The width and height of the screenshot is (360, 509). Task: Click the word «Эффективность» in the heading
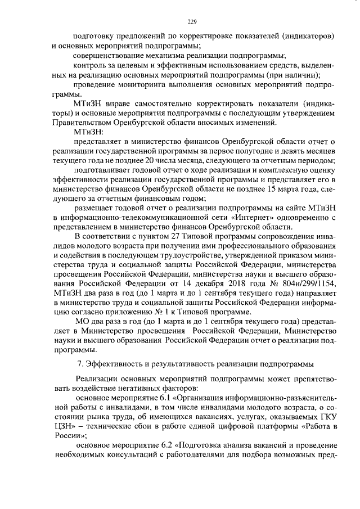click(x=112, y=367)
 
